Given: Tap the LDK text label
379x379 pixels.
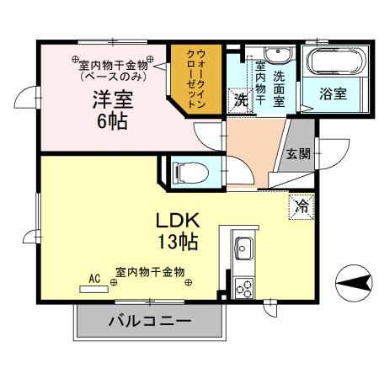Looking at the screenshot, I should pos(176,221).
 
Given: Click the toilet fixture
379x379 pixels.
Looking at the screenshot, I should pos(186,172).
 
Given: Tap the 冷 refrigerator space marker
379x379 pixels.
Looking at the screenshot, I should pos(300,204).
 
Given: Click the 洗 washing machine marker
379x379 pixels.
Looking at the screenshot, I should pos(240,99).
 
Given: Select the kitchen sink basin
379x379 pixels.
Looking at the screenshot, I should pos(243,250).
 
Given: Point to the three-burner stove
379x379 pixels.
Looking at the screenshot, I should pos(243,287).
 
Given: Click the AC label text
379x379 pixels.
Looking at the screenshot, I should pos(95,276).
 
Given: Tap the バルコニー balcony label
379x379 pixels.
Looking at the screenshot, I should pos(149,321).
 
